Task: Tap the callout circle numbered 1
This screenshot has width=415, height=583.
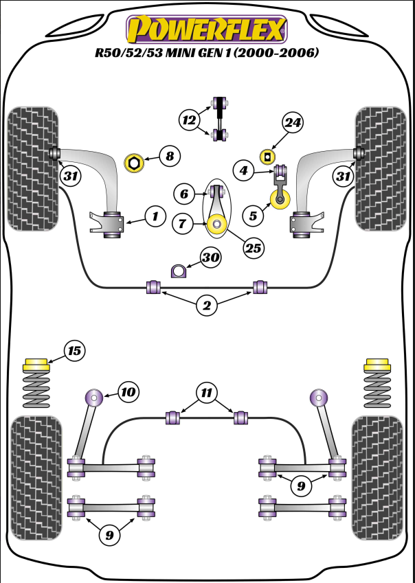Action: [x=155, y=217]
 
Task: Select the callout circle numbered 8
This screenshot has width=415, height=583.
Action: [x=169, y=157]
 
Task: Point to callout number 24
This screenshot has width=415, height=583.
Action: [x=292, y=124]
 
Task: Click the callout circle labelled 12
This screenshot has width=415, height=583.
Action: [x=188, y=119]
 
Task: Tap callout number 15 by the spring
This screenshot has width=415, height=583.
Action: [x=74, y=352]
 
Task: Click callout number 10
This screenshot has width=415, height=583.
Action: [x=128, y=392]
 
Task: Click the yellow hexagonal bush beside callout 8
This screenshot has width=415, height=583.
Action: [x=134, y=163]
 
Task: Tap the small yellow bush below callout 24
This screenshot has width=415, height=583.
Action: [x=264, y=157]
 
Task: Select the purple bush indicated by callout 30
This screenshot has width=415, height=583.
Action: [x=179, y=271]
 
